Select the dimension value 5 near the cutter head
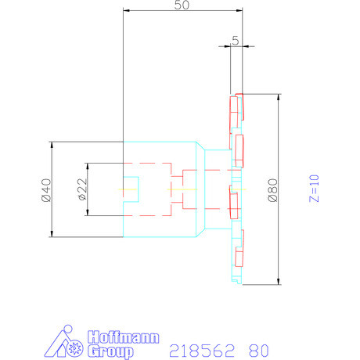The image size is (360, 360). coord(235,41)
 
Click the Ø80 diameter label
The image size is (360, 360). coord(272,189)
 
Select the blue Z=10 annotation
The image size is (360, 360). coord(315,189)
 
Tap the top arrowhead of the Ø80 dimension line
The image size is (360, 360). coord(278,97)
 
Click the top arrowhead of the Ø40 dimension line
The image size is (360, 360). coord(52,144)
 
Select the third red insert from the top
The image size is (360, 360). coord(234,202)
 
